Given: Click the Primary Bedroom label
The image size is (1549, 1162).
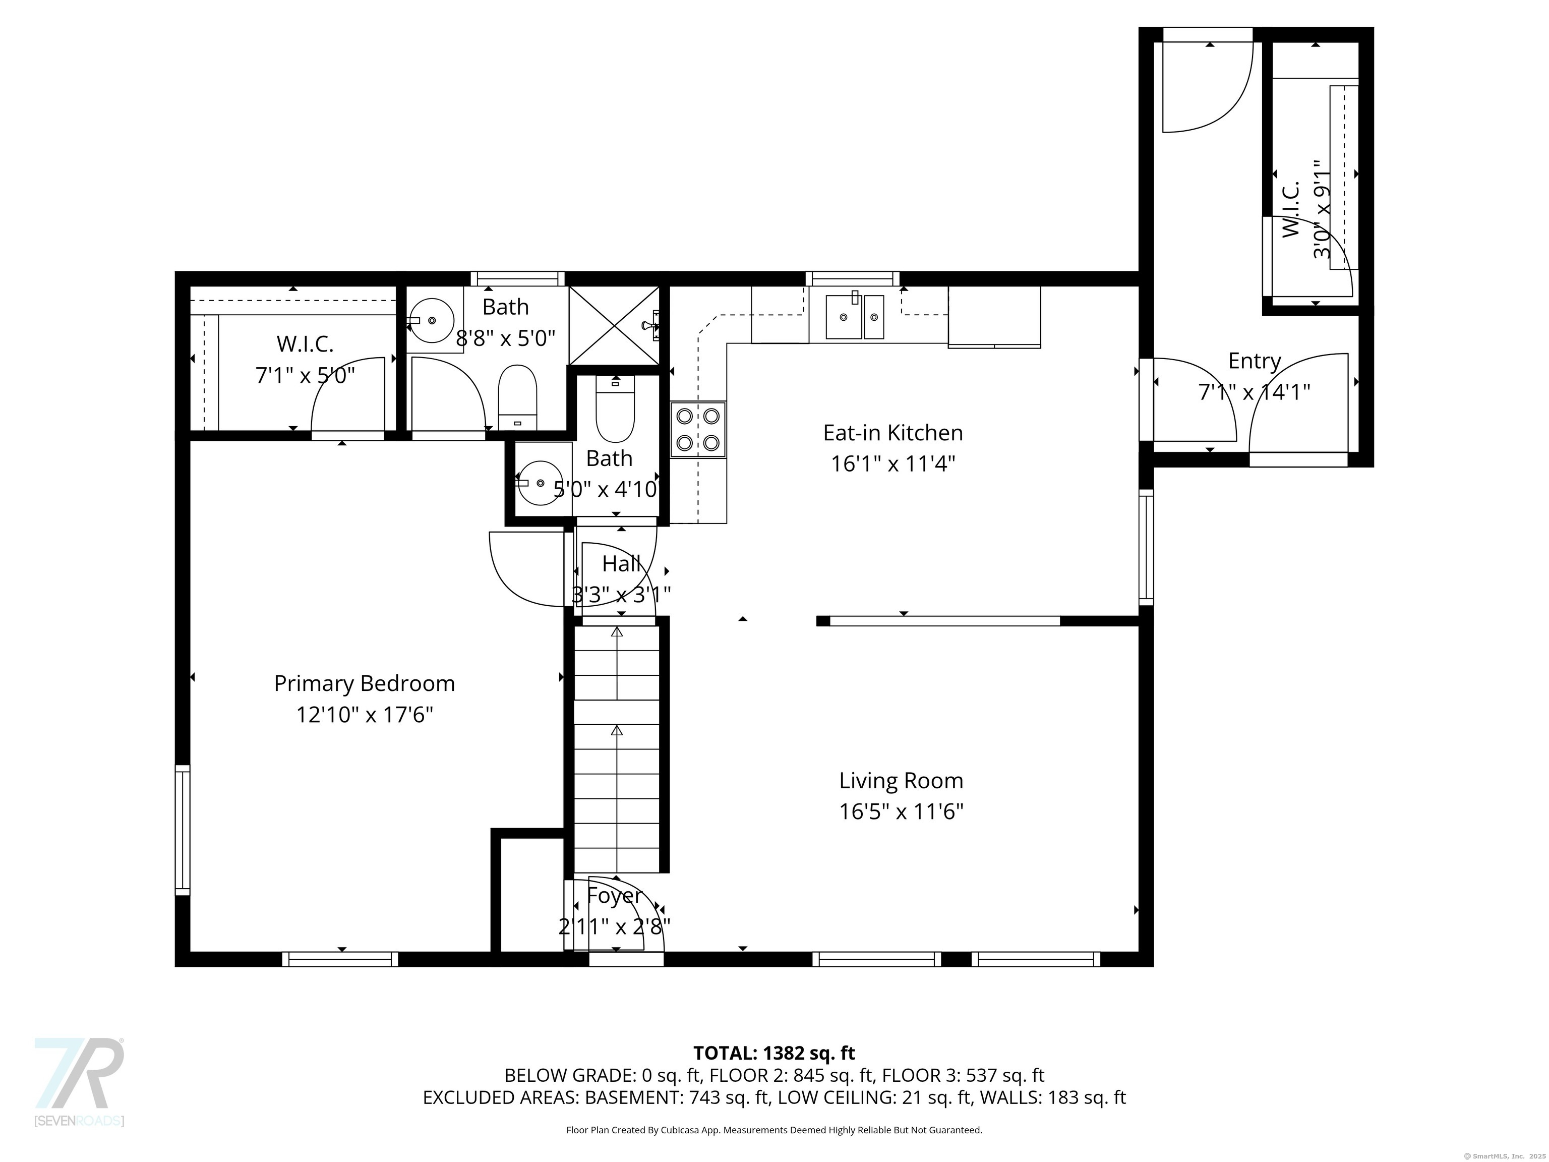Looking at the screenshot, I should [x=364, y=683].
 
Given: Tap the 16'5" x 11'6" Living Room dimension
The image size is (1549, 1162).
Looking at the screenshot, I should [x=901, y=812].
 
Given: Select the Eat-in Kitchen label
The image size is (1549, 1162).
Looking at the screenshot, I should [x=893, y=433].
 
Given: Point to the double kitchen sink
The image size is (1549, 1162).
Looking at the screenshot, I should [x=854, y=317].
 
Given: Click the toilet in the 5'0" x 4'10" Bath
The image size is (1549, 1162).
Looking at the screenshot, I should [x=615, y=410].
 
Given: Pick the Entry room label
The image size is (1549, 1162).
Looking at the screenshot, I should [x=1254, y=362].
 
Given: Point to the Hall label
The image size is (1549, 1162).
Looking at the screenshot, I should [x=621, y=563].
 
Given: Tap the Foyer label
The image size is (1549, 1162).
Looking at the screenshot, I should [x=614, y=896].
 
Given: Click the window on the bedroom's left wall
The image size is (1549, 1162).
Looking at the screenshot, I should [x=182, y=831].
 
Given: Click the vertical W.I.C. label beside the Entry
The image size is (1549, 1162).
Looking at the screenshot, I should [x=1291, y=209].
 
